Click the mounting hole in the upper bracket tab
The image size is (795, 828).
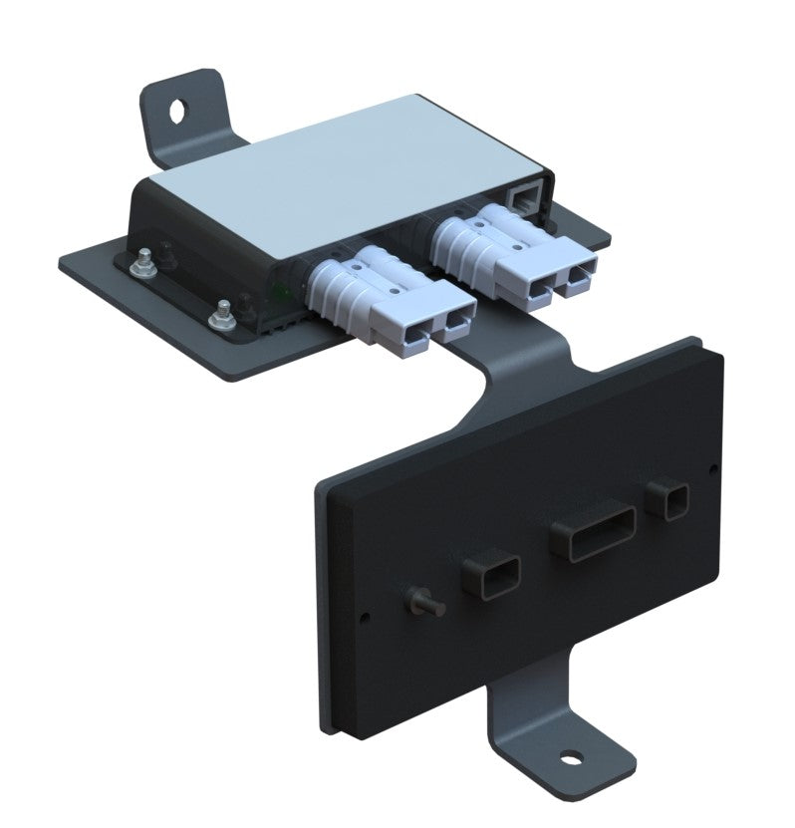[179, 109]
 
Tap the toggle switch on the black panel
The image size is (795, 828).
[415, 602]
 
